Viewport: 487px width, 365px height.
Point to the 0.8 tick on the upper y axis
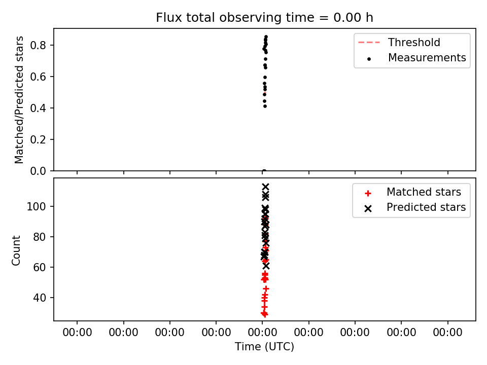(38, 45)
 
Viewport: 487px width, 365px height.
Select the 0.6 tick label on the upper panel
(38, 77)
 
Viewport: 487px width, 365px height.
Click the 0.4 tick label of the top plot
(38, 108)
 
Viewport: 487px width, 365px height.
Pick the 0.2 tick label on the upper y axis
(38, 140)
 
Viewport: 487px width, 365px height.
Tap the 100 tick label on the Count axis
(37, 206)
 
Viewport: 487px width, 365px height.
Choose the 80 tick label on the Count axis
(40, 237)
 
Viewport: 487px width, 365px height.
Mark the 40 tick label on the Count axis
(40, 298)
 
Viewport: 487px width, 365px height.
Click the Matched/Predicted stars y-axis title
(19, 100)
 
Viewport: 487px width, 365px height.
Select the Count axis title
(16, 250)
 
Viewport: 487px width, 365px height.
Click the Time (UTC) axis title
(264, 346)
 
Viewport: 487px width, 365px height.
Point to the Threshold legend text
(414, 42)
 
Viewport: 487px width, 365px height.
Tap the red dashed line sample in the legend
(369, 43)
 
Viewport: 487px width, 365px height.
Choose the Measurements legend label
(427, 57)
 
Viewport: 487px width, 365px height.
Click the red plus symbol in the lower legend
(368, 193)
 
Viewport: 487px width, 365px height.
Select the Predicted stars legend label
(426, 207)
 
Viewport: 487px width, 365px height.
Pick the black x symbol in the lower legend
(368, 208)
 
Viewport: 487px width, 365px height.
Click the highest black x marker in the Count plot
(265, 187)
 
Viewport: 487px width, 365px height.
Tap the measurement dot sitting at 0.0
(264, 170)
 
